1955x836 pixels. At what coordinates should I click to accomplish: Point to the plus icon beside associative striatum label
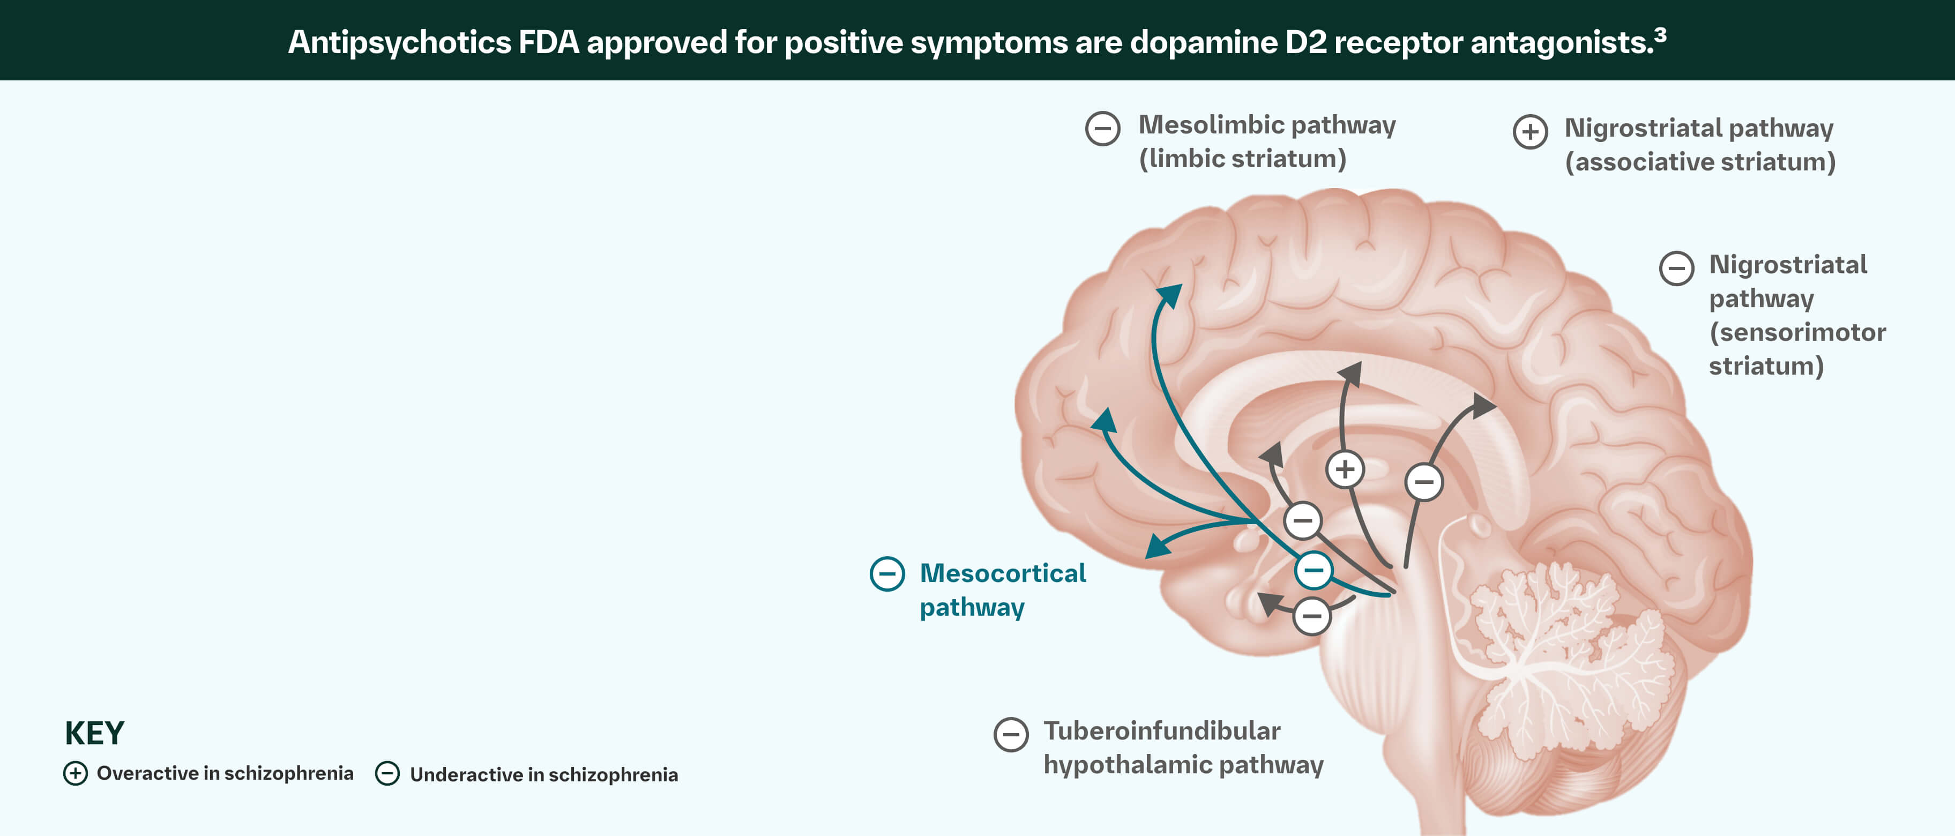(1530, 132)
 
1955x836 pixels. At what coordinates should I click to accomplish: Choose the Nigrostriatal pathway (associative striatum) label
(1699, 145)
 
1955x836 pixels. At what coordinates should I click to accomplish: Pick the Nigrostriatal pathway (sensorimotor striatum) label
(1796, 315)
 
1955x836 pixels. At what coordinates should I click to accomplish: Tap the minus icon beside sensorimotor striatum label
(1676, 268)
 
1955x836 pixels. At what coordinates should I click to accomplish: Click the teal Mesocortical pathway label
(1002, 589)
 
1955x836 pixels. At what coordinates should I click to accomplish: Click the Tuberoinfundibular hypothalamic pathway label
(1182, 747)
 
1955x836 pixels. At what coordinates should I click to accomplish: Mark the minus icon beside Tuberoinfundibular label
(1010, 734)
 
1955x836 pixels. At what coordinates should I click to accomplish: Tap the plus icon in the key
(75, 773)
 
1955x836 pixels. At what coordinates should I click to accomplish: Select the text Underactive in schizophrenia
(543, 774)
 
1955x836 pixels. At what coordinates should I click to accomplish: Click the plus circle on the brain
(1345, 469)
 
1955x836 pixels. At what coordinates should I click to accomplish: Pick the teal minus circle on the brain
(1314, 570)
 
